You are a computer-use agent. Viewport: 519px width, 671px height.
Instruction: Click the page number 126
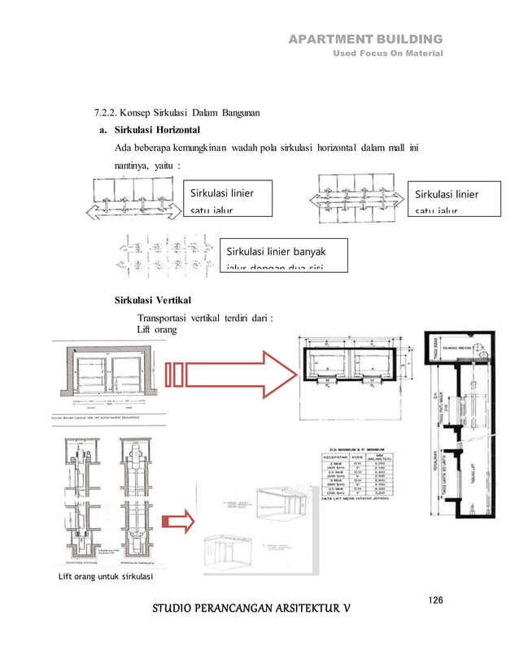[x=435, y=600]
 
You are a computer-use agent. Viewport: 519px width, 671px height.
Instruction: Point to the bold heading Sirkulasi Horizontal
[x=158, y=130]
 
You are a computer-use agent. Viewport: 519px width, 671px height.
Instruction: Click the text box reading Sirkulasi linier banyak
[x=284, y=253]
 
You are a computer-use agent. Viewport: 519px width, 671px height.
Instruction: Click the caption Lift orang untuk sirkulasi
[x=98, y=578]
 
